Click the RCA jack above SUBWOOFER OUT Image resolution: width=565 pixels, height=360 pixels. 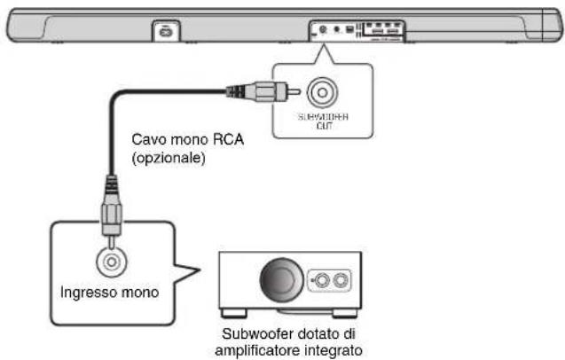coord(319,91)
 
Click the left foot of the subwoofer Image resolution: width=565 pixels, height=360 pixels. coord(233,313)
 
